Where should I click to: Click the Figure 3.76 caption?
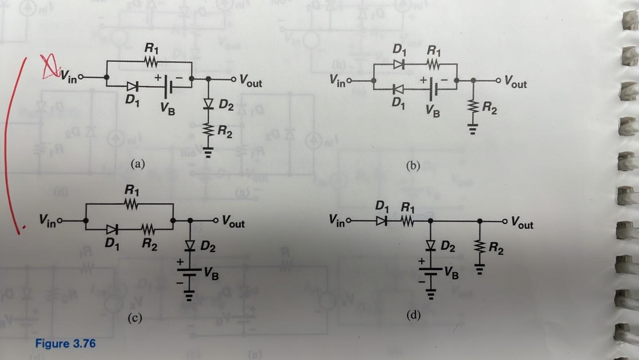65,344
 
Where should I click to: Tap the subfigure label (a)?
138,164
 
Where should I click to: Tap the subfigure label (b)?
413,166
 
